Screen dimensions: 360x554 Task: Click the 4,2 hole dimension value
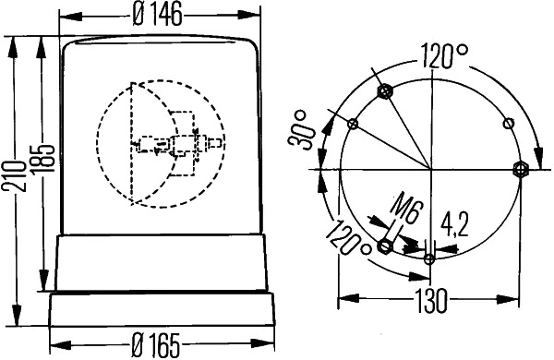point(454,225)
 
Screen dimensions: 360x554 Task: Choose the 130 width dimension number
point(429,300)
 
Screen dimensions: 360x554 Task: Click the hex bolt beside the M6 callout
point(385,246)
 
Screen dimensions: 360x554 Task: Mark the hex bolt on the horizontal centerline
point(519,168)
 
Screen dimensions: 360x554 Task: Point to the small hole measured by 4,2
point(429,258)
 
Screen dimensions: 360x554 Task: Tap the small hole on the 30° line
point(353,123)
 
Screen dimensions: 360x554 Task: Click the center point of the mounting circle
point(429,168)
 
